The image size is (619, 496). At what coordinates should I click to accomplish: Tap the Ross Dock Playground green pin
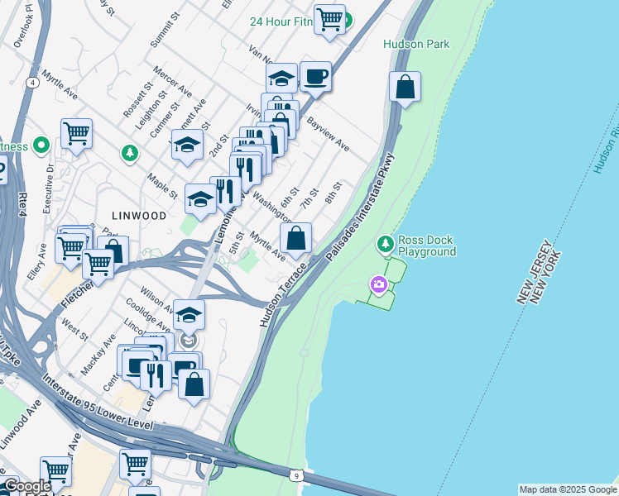[385, 244]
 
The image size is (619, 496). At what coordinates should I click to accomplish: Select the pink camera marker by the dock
[379, 285]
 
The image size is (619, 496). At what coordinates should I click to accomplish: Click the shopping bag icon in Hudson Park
[405, 86]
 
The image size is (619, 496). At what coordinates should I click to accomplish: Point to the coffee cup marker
[315, 77]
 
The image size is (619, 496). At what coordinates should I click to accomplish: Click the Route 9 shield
[295, 475]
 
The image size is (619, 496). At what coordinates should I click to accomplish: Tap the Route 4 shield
[31, 83]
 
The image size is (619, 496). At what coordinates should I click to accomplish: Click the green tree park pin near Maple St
[130, 152]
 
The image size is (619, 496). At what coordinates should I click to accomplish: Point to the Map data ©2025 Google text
[568, 489]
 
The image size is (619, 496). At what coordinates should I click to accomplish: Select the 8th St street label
[333, 196]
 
